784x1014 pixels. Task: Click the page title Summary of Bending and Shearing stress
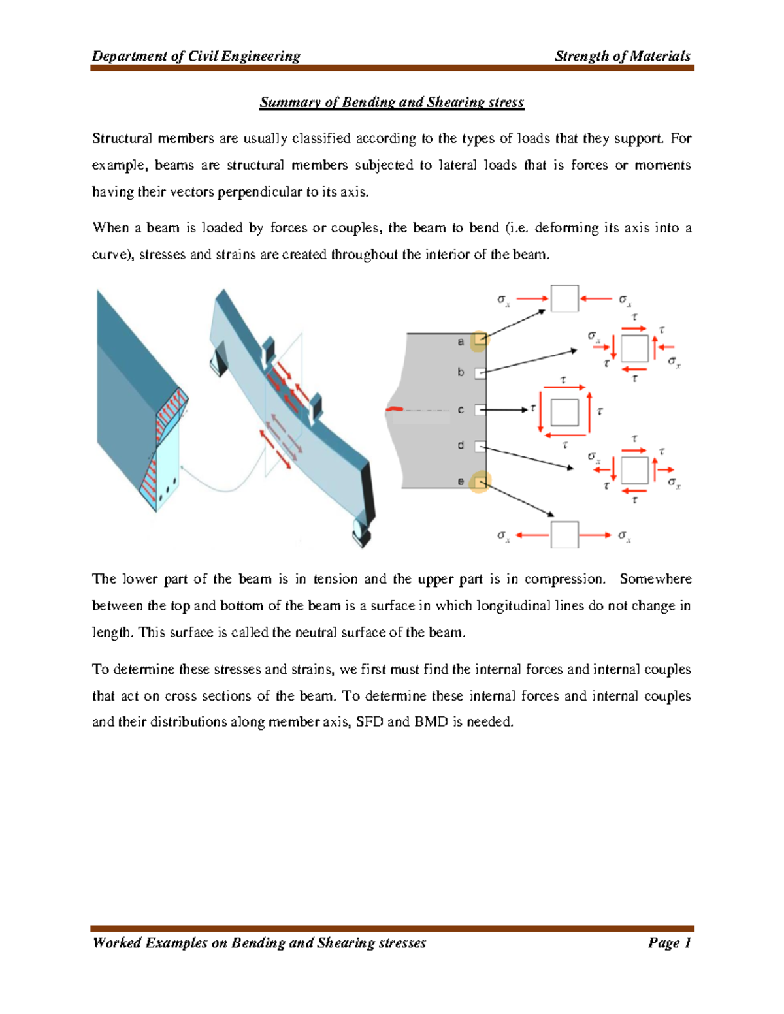pyautogui.click(x=391, y=103)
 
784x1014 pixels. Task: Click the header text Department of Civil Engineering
pyautogui.click(x=196, y=56)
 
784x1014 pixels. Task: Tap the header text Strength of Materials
pyautogui.click(x=622, y=56)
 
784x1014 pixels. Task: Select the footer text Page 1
pyautogui.click(x=669, y=942)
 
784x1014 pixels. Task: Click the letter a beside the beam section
pyautogui.click(x=461, y=341)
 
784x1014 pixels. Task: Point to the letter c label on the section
pyautogui.click(x=461, y=410)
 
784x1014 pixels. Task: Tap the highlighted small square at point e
pyautogui.click(x=480, y=483)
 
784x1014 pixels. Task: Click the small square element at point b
pyautogui.click(x=480, y=373)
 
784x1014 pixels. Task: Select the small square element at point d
pyautogui.click(x=480, y=447)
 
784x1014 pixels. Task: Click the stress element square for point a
pyautogui.click(x=564, y=299)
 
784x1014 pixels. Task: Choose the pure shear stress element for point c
pyautogui.click(x=564, y=412)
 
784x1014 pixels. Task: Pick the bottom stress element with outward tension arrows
pyautogui.click(x=564, y=535)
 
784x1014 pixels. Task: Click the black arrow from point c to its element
pyautogui.click(x=506, y=410)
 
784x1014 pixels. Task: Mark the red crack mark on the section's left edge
pyautogui.click(x=395, y=409)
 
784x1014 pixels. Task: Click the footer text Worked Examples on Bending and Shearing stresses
pyautogui.click(x=259, y=942)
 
